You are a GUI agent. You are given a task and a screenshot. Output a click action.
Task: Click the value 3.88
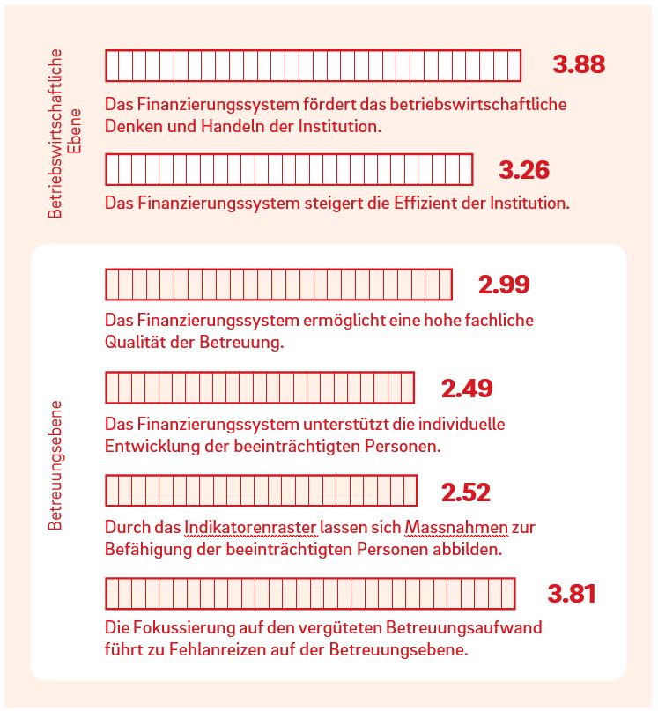click(x=579, y=64)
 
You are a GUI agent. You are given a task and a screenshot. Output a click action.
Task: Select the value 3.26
click(x=524, y=169)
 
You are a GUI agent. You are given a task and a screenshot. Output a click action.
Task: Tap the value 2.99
click(x=504, y=285)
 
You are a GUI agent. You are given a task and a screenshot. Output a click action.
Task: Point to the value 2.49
click(x=466, y=388)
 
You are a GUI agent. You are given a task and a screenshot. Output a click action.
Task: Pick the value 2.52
click(x=465, y=492)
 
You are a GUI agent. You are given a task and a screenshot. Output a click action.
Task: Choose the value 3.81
click(x=572, y=594)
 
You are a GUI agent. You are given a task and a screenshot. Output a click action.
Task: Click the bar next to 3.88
click(x=313, y=65)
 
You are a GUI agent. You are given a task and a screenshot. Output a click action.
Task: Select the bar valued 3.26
click(x=289, y=169)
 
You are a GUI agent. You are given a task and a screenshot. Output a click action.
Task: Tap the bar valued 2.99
click(x=278, y=285)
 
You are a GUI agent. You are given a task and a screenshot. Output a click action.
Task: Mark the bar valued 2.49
click(x=260, y=388)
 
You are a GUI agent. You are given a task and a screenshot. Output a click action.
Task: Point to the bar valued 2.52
click(x=261, y=491)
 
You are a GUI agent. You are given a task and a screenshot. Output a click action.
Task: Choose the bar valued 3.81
click(x=309, y=593)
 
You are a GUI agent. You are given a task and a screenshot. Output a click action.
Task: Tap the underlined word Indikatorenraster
click(x=238, y=528)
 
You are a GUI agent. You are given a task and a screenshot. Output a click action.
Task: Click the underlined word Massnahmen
click(x=455, y=528)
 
